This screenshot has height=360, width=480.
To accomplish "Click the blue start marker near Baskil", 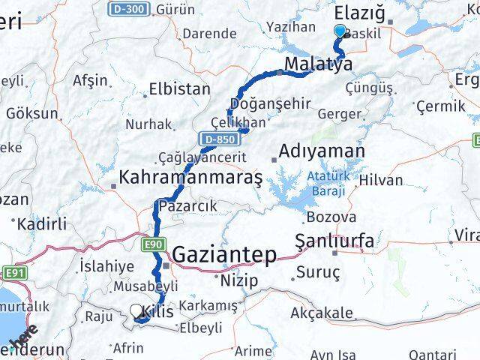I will [x=340, y=31].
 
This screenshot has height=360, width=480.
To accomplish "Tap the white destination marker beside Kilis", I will [x=136, y=310].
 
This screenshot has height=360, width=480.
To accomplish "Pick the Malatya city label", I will [x=319, y=64].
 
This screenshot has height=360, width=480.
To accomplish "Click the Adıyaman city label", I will [x=322, y=151].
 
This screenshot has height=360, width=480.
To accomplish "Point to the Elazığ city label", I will [x=361, y=12].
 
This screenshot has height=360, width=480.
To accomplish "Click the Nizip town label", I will [x=239, y=280].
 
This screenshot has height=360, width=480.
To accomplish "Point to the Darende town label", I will [x=209, y=33].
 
